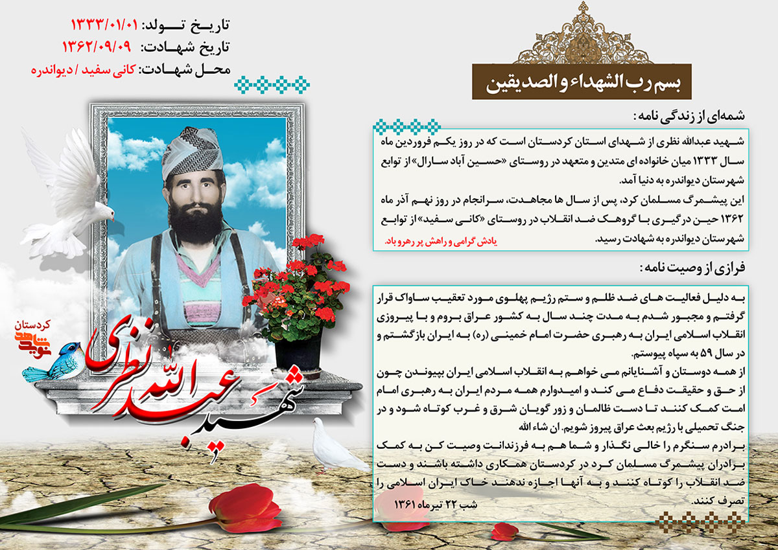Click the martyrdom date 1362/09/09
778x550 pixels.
[98, 47]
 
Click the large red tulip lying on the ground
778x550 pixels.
[243, 505]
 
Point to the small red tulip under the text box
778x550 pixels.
[506, 531]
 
